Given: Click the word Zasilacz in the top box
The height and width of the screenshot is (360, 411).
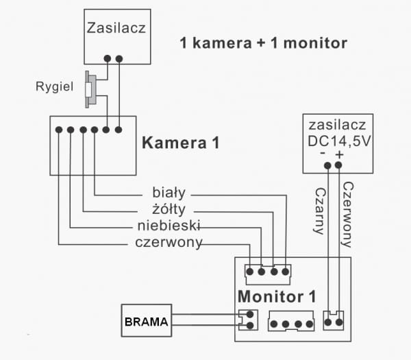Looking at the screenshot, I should pyautogui.click(x=117, y=28).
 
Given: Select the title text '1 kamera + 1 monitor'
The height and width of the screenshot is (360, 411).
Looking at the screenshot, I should pyautogui.click(x=263, y=43).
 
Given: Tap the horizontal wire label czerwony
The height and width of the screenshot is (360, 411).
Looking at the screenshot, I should pyautogui.click(x=169, y=243).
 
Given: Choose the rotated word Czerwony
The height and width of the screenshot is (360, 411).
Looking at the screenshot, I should pyautogui.click(x=347, y=213).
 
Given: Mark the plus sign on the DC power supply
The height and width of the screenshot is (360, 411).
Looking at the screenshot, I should pyautogui.click(x=339, y=155).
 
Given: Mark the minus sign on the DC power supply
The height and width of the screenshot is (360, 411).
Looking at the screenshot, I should pyautogui.click(x=322, y=154).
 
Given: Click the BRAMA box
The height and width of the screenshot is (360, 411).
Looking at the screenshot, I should pyautogui.click(x=146, y=320).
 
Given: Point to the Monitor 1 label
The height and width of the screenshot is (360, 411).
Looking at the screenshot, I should pyautogui.click(x=277, y=297).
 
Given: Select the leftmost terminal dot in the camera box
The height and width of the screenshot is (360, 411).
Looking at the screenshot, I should pyautogui.click(x=59, y=130).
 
